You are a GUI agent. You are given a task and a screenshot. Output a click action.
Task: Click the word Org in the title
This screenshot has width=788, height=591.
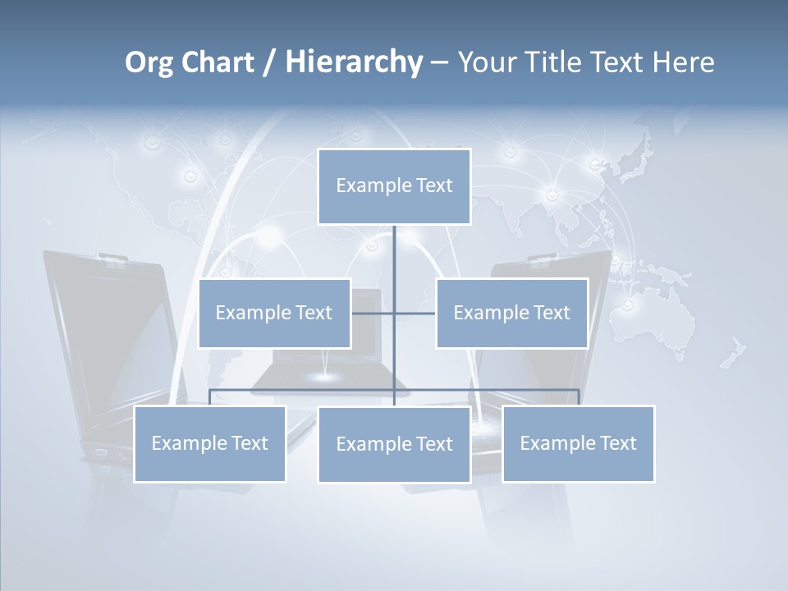point(149,62)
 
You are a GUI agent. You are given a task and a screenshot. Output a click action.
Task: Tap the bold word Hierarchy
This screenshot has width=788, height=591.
point(354,62)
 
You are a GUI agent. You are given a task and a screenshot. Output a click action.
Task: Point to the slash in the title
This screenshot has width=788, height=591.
point(270,62)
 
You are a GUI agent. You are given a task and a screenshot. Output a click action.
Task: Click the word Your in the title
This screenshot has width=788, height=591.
point(486,62)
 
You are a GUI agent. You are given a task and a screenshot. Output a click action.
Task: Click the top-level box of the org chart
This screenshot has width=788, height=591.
point(394,186)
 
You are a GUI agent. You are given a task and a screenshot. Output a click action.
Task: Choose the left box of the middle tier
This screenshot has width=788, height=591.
point(274,313)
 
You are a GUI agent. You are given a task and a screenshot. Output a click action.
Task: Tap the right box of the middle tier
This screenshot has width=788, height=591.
point(511,313)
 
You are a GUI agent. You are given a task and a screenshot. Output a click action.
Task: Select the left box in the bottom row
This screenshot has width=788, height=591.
point(209,444)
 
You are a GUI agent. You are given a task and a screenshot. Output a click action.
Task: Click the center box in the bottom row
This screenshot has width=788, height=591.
point(394,445)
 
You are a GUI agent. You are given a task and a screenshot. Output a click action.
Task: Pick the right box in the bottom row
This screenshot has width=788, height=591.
point(578,444)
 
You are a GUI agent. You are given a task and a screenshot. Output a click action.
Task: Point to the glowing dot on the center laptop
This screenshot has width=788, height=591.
point(326,377)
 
